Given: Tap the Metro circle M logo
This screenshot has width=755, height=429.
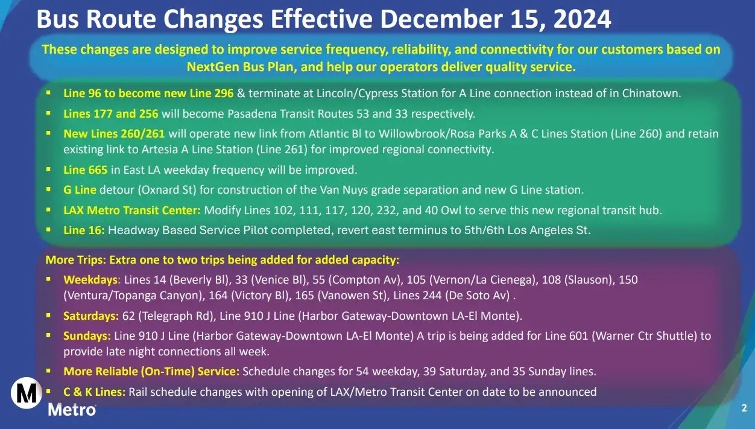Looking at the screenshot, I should [27, 393].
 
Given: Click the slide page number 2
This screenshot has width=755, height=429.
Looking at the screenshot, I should [744, 408].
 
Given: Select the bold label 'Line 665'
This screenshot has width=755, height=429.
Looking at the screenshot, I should [86, 170].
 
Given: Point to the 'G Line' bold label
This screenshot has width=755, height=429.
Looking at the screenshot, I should [80, 190].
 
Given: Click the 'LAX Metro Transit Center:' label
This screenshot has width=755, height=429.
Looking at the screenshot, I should [132, 211].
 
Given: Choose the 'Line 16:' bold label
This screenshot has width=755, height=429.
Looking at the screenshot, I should [84, 230].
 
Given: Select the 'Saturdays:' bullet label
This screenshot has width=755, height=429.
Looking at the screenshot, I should [91, 316].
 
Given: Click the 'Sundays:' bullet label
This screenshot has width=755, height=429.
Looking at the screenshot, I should [87, 335].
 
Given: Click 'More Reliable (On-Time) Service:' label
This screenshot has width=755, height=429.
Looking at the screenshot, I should [151, 372].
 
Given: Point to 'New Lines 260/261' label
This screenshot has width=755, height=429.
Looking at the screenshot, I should [114, 134].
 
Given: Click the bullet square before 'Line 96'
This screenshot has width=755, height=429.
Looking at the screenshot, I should [48, 94].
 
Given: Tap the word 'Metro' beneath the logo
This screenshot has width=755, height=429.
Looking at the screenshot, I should [72, 410].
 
